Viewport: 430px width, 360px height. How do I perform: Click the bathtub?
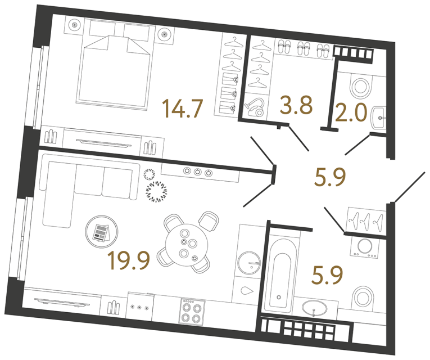tap(279, 272)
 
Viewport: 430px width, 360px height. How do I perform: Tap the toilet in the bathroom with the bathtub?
tap(362, 296)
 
